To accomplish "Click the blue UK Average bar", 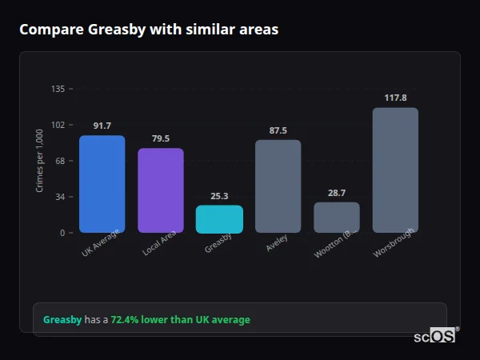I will [x=102, y=184].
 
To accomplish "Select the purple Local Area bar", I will [x=161, y=190].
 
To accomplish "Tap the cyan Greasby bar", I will [x=219, y=219].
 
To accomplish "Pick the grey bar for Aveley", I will [x=278, y=186].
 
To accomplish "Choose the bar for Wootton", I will [x=337, y=218].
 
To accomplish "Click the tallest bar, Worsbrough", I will [x=395, y=170].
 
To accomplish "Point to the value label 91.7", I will [x=102, y=126].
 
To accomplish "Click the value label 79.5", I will [x=161, y=139].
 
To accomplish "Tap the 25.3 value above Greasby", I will [x=219, y=196].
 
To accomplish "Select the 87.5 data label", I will [x=278, y=130].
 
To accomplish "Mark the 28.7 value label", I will [x=337, y=193].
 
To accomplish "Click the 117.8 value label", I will [x=395, y=98].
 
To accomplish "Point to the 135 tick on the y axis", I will [x=58, y=89].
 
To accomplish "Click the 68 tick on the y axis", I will [x=59, y=161].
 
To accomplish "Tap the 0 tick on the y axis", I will [x=62, y=233].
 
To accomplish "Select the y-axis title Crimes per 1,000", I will [x=40, y=161].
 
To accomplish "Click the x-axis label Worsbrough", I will [x=394, y=245].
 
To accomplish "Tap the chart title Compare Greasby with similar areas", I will [x=149, y=30].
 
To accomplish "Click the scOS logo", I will [x=435, y=337].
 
